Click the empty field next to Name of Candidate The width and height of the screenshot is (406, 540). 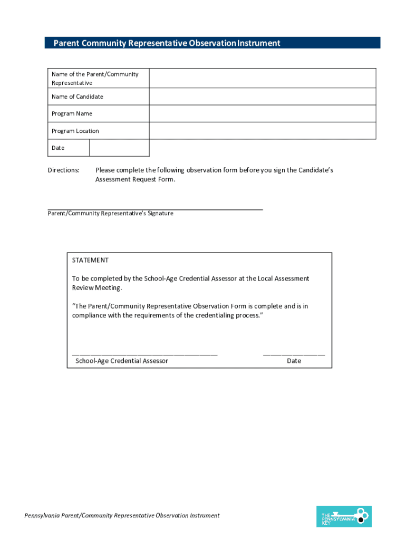point(262,97)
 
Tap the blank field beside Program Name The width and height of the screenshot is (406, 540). point(262,113)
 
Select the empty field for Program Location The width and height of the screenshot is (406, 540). point(262,131)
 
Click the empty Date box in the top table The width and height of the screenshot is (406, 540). point(119,148)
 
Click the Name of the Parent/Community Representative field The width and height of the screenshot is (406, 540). point(262,78)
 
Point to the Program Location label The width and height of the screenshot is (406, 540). point(75,131)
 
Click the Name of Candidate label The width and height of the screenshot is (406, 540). point(78,97)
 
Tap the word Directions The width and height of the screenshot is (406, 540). point(64,170)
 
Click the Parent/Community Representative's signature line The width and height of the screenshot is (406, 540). point(155,209)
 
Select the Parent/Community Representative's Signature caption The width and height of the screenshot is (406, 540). point(110,214)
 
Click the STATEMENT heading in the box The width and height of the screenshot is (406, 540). point(90,260)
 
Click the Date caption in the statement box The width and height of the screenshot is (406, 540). point(294,361)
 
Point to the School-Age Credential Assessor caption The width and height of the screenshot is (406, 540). point(122,361)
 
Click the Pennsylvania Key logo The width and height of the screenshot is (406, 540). point(343,516)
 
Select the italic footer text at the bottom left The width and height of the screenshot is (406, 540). point(122,515)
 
